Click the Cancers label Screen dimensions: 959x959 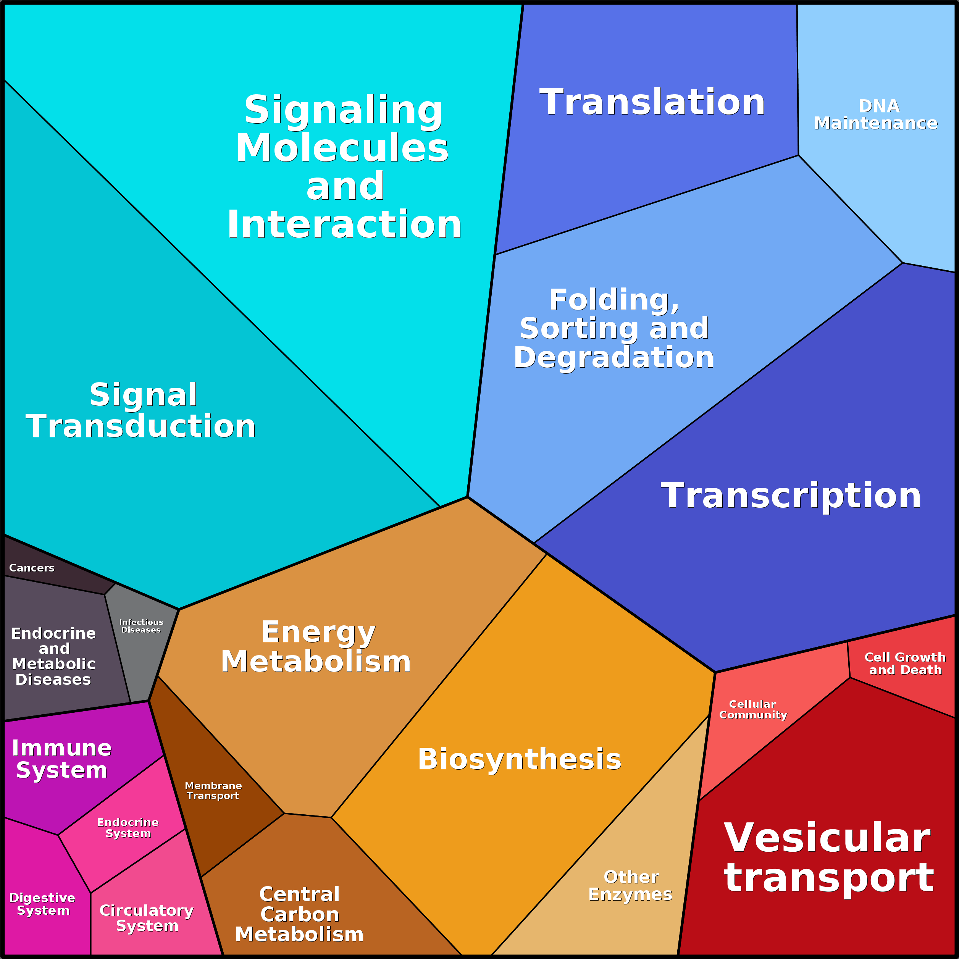(32, 568)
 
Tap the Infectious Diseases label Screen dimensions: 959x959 (141, 626)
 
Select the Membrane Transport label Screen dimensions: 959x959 (213, 791)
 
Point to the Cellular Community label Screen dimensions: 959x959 (753, 709)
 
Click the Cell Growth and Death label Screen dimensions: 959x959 (905, 663)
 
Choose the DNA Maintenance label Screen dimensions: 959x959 (876, 114)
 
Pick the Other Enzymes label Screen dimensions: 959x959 (630, 886)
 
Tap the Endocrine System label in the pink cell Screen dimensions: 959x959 (128, 827)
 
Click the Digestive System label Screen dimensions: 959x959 (42, 904)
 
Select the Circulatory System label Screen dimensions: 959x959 (147, 918)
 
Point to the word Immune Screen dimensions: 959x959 (61, 748)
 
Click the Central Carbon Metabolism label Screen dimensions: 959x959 (299, 914)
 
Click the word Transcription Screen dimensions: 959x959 (791, 496)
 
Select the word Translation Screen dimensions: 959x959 (652, 102)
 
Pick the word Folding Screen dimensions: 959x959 (614, 300)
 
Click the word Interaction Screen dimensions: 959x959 (344, 224)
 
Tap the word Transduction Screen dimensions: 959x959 (141, 426)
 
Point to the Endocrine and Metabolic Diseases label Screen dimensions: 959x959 (53, 656)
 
